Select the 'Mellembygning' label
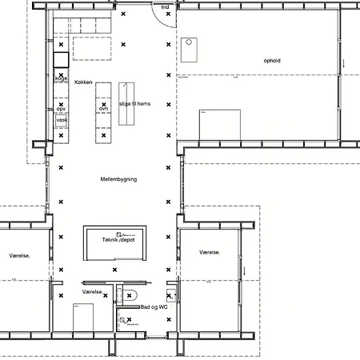[x=118, y=179]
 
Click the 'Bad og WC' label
[x=154, y=307]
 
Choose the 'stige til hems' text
[x=135, y=105]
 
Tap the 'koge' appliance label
[x=60, y=78]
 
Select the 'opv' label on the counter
[x=61, y=108]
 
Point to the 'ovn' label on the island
[x=103, y=108]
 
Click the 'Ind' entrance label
[x=166, y=7]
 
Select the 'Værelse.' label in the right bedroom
[x=210, y=252]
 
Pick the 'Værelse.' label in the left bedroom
[x=19, y=256]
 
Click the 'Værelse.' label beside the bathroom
[x=92, y=293]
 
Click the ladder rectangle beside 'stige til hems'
[x=126, y=103]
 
